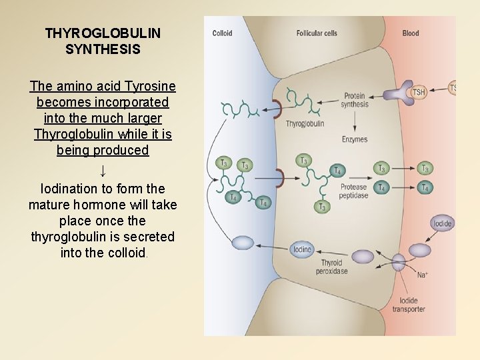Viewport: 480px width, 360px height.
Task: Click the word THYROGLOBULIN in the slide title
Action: click(103, 33)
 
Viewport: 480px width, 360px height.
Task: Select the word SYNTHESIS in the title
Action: click(103, 49)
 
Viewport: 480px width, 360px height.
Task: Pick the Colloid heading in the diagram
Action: click(222, 33)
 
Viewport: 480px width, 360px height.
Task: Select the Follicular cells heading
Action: click(317, 33)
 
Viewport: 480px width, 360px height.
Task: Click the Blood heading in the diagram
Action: click(411, 33)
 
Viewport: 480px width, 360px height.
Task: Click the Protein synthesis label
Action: click(355, 100)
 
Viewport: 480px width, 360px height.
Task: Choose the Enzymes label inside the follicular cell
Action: click(355, 139)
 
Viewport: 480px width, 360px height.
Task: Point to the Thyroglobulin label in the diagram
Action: click(305, 124)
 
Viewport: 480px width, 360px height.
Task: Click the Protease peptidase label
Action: click(354, 191)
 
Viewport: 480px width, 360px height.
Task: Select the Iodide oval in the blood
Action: click(443, 224)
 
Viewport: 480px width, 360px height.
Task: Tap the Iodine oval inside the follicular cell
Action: click(302, 250)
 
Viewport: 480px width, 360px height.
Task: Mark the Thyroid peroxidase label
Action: click(331, 267)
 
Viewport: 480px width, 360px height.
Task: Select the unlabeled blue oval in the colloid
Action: click(243, 243)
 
